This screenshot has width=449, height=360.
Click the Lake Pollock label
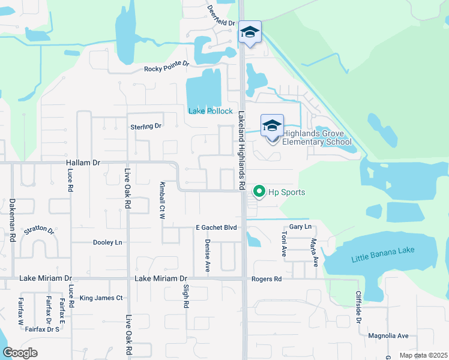pos(210,111)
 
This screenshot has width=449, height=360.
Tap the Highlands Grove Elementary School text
pos(316,137)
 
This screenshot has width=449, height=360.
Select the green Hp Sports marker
pos(259,192)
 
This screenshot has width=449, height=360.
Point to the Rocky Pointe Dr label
pos(166,69)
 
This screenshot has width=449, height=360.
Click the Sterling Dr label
pos(146,127)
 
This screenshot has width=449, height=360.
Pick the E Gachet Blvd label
pos(217,227)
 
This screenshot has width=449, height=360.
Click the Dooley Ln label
pos(107,242)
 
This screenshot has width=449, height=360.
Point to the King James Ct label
pos(101,298)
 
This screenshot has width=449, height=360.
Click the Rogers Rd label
pos(267,279)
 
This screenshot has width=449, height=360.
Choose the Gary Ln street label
pos(300,227)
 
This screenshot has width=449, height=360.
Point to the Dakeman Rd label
pos(12,220)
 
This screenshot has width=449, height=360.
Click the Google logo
pos(20,353)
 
